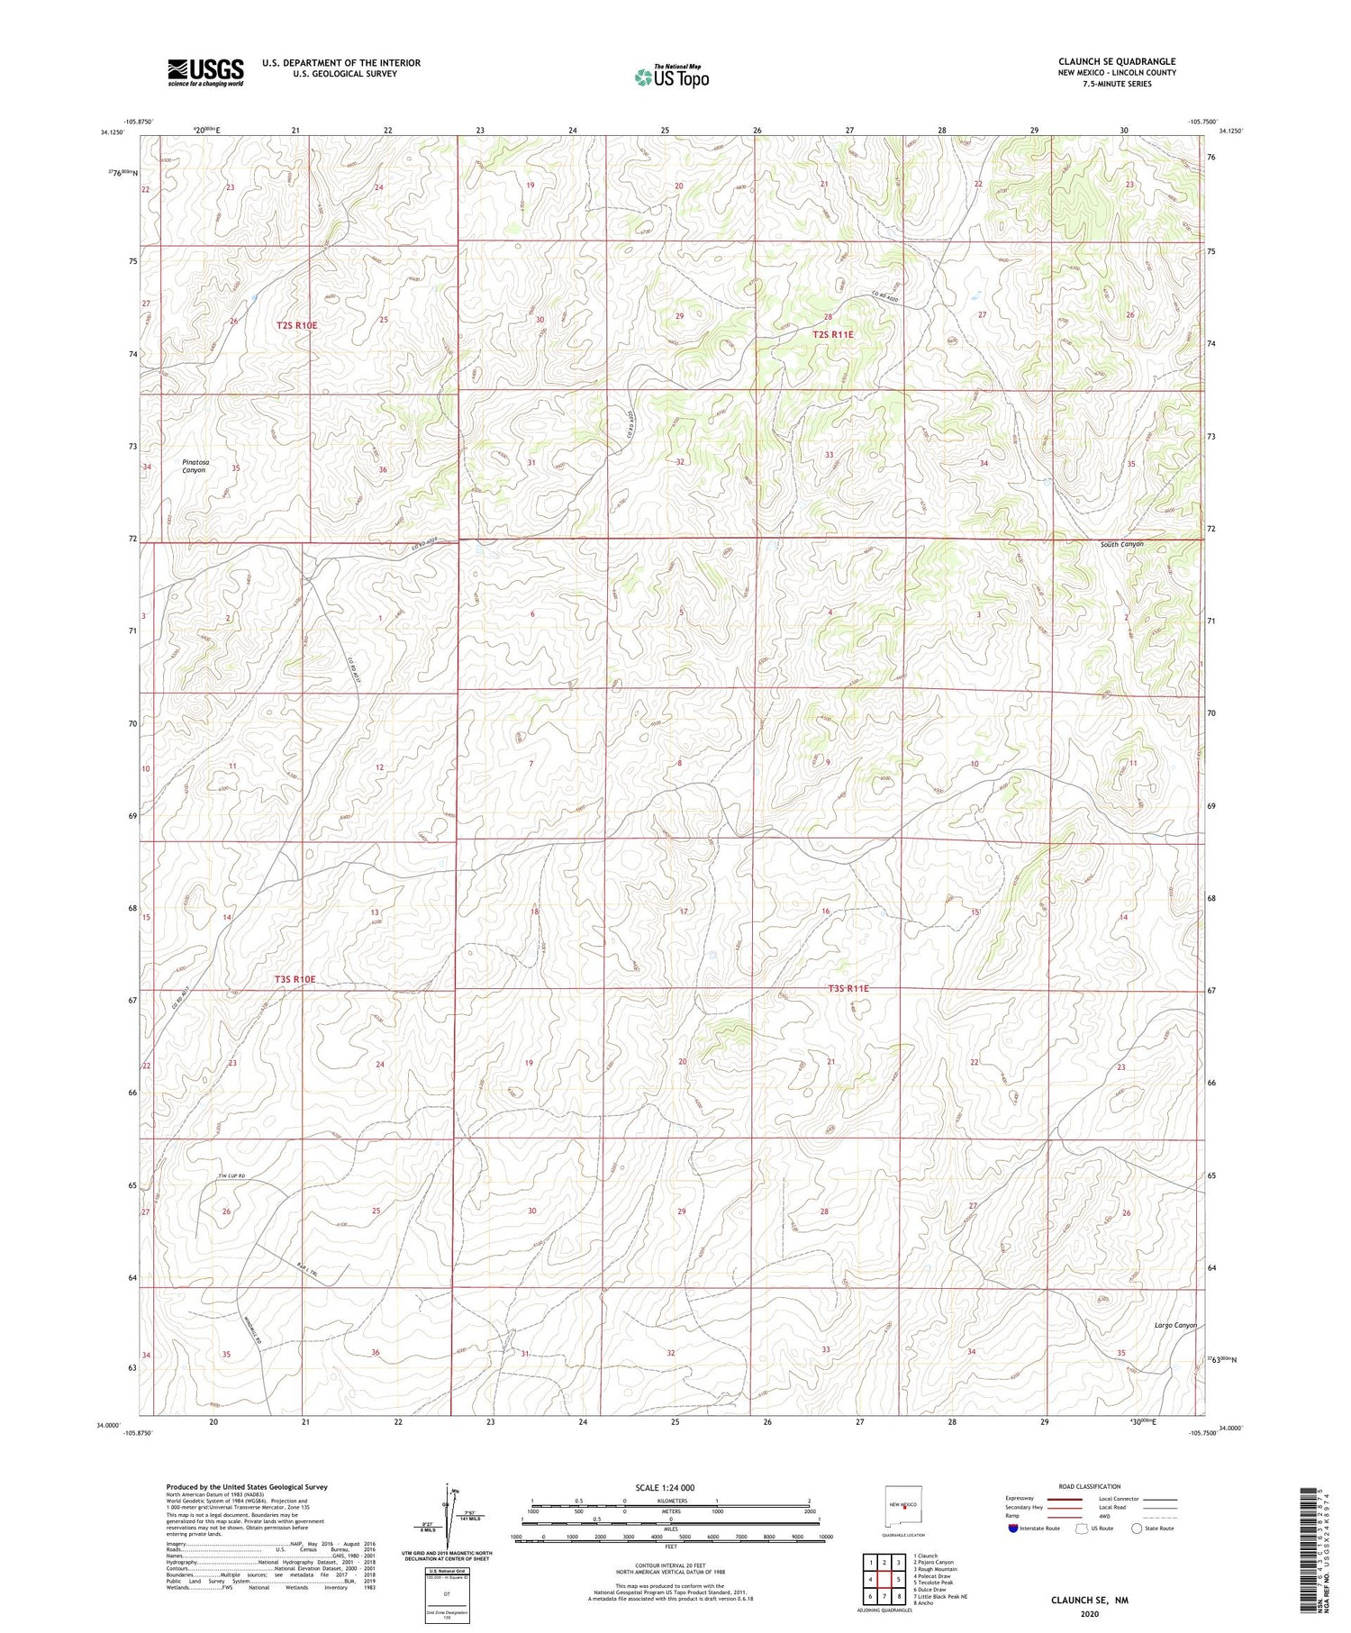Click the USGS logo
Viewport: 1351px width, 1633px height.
205,71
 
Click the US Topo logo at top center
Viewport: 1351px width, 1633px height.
671,77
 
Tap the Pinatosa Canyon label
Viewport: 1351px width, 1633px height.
194,466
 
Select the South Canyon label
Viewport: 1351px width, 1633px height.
1121,544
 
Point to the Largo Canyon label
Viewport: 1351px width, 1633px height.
1175,1325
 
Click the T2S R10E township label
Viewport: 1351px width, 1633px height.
296,325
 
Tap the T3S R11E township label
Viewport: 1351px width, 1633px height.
848,988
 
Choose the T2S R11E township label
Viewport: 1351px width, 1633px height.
832,334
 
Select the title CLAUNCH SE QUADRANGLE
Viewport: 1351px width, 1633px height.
1117,61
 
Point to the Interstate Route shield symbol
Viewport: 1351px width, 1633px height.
1013,1528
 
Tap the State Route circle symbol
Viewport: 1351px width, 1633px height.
1138,1528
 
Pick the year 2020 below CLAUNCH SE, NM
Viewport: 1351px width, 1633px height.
1089,1610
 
